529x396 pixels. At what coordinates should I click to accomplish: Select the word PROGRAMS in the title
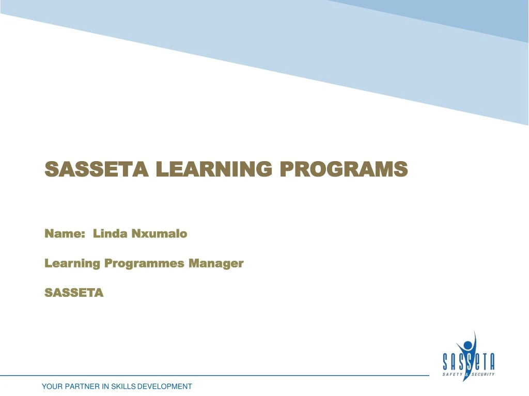point(344,168)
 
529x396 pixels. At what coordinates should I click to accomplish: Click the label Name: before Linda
point(65,234)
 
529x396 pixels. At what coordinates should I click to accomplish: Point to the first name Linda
point(110,234)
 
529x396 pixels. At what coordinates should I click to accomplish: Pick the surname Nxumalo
point(159,234)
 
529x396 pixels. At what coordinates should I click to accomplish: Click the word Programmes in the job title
point(144,263)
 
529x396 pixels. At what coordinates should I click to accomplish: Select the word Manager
point(215,263)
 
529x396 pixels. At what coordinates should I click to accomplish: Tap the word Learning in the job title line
point(72,263)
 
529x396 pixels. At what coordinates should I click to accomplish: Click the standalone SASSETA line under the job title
point(74,293)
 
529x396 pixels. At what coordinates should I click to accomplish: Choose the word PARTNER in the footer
point(83,386)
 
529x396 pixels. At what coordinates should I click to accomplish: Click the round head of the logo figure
point(468,344)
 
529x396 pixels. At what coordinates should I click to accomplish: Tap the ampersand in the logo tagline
point(468,374)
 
